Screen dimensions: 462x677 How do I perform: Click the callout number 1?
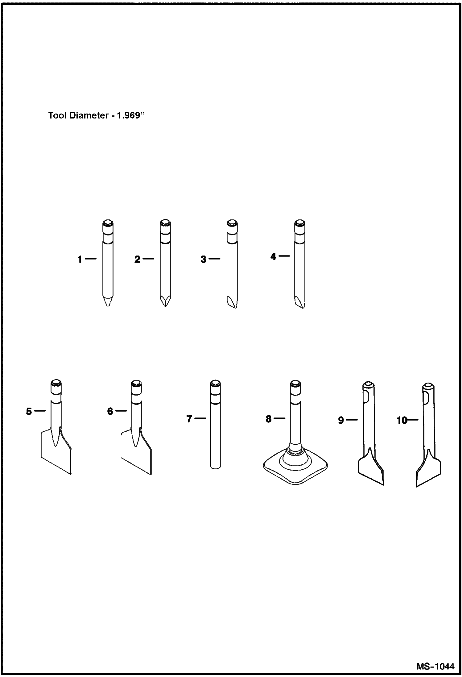pos(80,260)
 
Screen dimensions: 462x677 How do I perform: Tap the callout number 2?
pos(137,260)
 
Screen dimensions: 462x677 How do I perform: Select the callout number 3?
pos(203,260)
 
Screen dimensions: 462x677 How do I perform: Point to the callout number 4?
pos(273,257)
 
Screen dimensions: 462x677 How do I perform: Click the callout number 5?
pos(29,412)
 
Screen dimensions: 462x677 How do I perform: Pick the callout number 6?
pos(110,412)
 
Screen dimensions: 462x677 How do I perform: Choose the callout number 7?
pos(189,419)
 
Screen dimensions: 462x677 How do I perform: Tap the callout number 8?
pos(269,419)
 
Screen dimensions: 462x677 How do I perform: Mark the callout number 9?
pos(341,421)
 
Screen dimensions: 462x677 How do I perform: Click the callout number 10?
pos(402,421)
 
